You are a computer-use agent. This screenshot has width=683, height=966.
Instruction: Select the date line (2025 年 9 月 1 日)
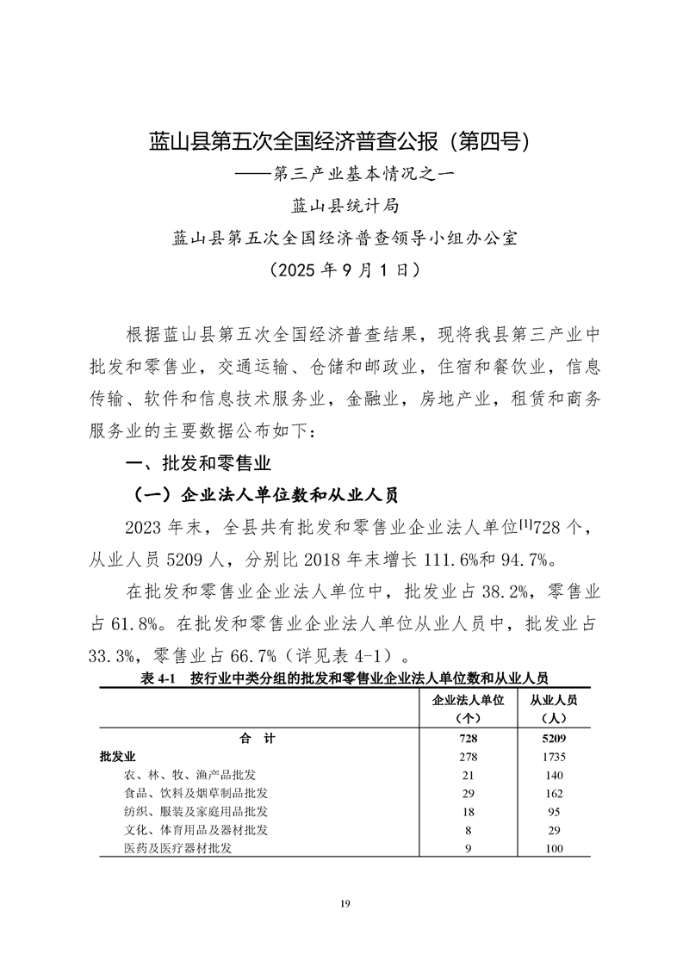[x=342, y=269]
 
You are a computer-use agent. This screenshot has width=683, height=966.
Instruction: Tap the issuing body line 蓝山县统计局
[x=342, y=205]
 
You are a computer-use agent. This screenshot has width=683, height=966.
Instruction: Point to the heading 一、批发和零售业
[x=199, y=463]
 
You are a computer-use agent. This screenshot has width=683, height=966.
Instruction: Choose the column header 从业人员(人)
[x=552, y=708]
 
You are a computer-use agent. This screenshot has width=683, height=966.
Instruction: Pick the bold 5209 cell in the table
[x=552, y=739]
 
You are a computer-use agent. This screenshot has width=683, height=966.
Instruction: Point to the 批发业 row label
[x=118, y=757]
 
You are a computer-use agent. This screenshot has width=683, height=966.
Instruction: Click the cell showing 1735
[x=552, y=757]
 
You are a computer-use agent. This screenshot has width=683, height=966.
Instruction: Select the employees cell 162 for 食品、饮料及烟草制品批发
[x=552, y=793]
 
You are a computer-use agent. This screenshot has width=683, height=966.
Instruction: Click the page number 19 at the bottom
[x=344, y=904]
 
